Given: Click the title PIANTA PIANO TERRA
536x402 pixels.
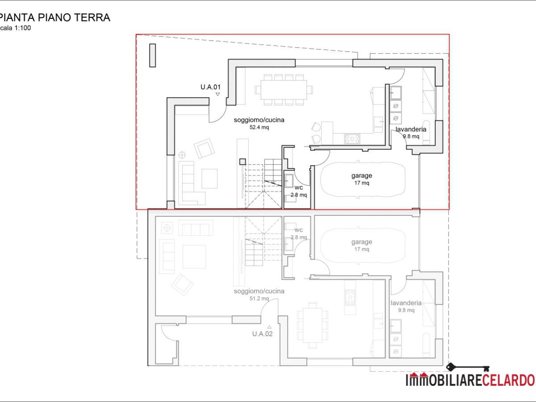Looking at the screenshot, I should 54,18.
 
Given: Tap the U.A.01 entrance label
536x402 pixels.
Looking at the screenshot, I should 210,87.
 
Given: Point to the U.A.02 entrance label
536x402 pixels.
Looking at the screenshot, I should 262,333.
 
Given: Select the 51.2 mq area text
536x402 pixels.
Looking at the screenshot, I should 259,298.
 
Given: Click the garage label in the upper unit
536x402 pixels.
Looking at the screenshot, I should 361,176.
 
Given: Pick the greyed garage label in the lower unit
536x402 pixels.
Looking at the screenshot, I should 361,242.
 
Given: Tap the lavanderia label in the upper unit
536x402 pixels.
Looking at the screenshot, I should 410,129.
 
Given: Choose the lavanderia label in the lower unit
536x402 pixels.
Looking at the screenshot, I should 406,303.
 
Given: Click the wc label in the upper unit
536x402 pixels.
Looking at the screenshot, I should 298,187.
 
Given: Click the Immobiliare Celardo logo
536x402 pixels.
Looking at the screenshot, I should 469,380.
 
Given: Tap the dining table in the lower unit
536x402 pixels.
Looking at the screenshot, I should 312,325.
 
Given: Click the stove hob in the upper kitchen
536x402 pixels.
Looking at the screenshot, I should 352,139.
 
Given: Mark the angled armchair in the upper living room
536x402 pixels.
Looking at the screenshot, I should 205,148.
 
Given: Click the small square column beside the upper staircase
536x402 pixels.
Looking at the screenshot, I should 243,162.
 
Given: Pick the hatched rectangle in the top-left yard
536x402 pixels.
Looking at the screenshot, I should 152,55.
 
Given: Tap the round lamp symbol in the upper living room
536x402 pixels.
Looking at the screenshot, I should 182,155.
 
